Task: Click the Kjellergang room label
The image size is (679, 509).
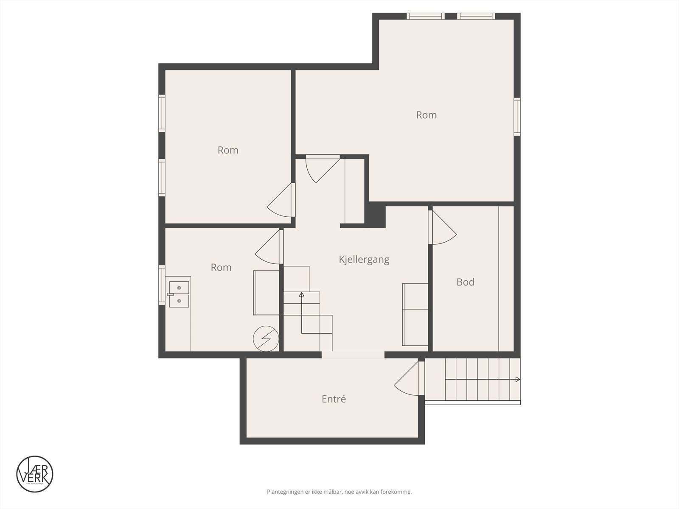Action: pos(364,260)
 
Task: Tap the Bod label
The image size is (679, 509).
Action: pos(465,282)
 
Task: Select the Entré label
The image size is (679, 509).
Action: pos(334,399)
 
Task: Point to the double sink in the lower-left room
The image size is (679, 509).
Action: pos(179,294)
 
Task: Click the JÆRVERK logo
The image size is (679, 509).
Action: pos(34,474)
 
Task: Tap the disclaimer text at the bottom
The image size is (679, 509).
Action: pos(339,492)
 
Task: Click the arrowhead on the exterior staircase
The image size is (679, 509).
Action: pos(518,379)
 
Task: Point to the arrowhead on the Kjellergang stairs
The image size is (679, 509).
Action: pos(301,294)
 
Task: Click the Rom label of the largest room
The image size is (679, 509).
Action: pos(426,115)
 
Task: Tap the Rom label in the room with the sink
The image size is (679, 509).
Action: pos(221,267)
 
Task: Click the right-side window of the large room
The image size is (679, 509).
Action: pos(517,116)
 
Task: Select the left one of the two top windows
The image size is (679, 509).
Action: pos(425,16)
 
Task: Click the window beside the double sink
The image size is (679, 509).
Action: pos(162,285)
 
